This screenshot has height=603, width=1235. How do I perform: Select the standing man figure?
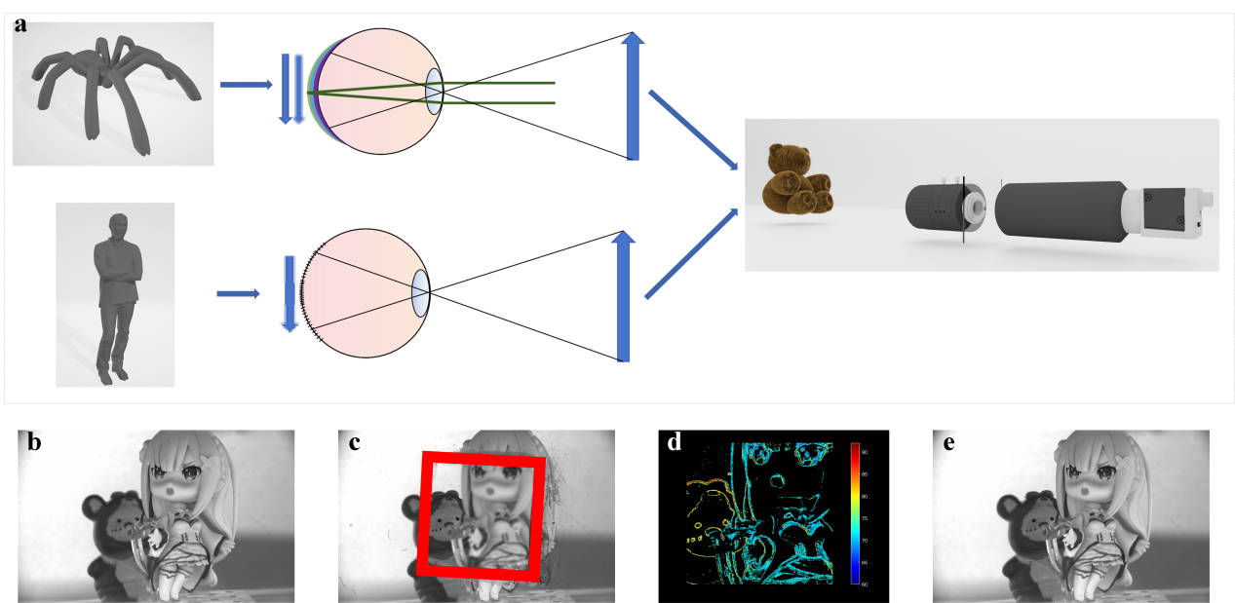[115, 292]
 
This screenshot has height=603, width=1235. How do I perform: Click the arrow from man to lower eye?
[238, 293]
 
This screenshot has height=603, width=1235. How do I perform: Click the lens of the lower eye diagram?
[421, 293]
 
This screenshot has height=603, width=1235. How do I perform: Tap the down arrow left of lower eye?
[289, 293]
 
